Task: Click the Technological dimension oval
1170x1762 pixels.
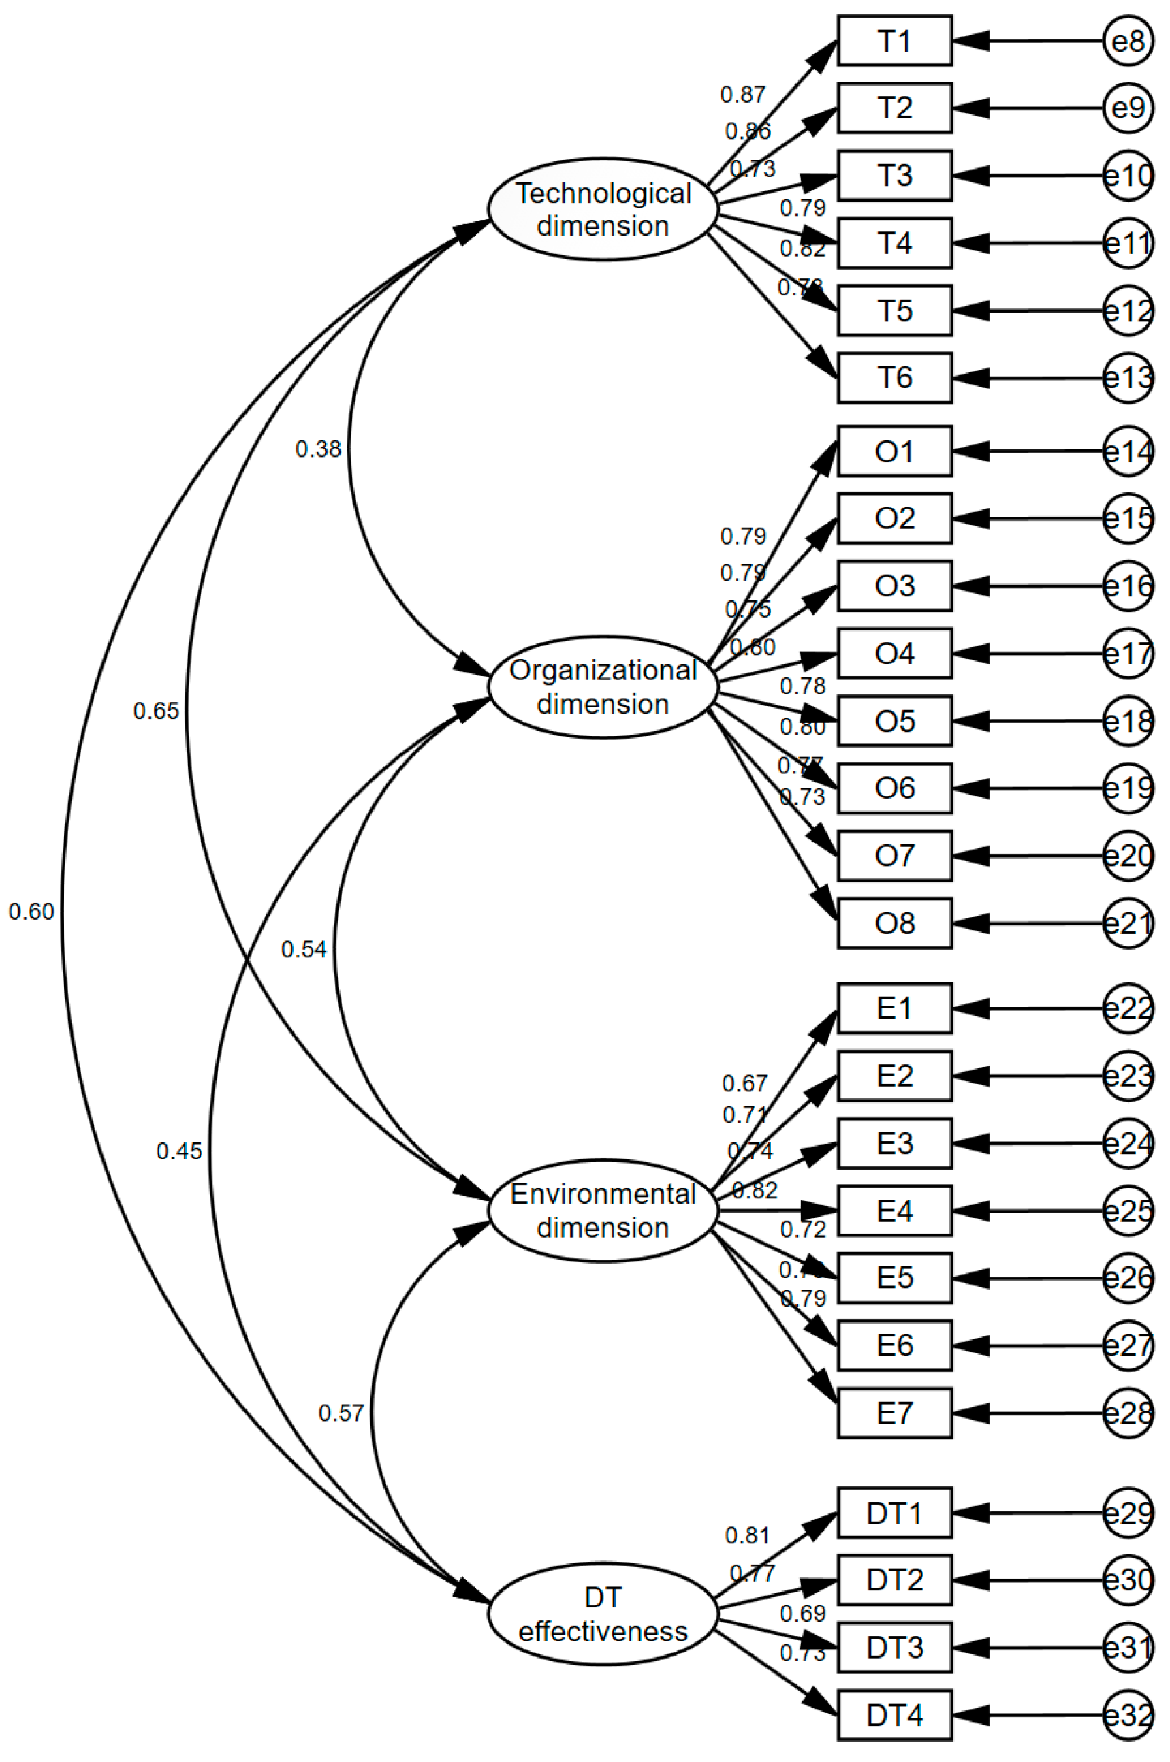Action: click(x=603, y=210)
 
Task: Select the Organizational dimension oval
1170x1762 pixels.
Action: click(x=603, y=687)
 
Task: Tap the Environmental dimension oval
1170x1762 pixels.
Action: click(x=603, y=1210)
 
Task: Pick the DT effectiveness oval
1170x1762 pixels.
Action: click(x=603, y=1614)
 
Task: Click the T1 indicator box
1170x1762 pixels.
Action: click(x=894, y=40)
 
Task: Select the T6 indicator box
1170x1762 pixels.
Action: click(x=894, y=377)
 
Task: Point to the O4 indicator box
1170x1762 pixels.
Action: click(x=894, y=654)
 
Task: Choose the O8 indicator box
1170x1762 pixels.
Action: click(x=894, y=923)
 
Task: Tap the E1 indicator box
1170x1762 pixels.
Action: click(x=894, y=1008)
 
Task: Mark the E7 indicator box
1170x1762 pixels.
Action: click(x=894, y=1413)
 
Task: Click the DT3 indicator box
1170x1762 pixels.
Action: click(x=894, y=1647)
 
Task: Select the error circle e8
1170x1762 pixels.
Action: click(x=1128, y=40)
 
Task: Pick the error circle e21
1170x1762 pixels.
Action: click(x=1128, y=923)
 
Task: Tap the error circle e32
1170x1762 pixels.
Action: click(x=1128, y=1715)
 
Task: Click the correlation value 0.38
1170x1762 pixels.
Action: click(x=318, y=449)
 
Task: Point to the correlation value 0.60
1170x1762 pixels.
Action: click(x=31, y=912)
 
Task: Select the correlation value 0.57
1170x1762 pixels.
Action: click(x=341, y=1413)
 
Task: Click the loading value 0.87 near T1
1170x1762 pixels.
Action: click(x=742, y=95)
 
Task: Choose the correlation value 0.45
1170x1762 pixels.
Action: click(x=179, y=1151)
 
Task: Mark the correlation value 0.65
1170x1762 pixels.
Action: click(x=156, y=711)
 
